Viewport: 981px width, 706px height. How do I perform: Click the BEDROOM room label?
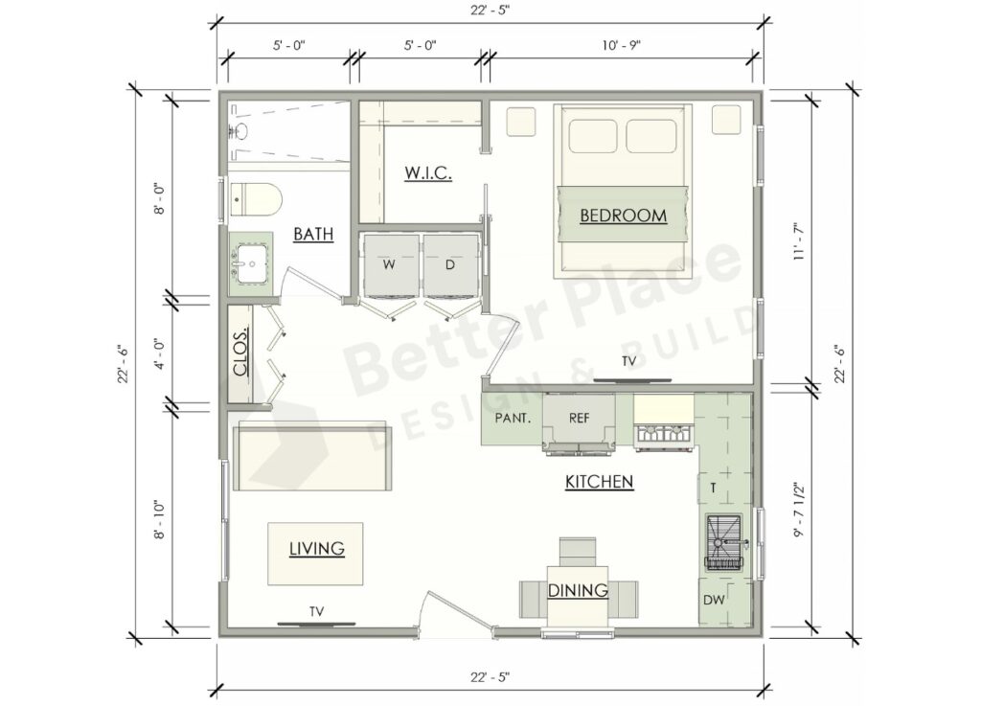coord(623,216)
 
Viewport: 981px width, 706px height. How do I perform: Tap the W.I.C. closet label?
coord(421,173)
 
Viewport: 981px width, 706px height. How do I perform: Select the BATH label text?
coord(313,234)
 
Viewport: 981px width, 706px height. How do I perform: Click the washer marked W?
coord(389,264)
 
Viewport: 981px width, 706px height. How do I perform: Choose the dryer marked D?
coord(449,264)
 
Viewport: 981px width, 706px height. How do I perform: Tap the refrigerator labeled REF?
coord(579,418)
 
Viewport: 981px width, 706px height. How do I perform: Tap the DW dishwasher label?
coord(714,600)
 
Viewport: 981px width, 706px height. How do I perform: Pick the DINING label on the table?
coord(578,591)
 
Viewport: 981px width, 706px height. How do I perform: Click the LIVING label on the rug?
coord(317,549)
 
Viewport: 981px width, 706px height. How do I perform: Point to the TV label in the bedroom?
coord(628,361)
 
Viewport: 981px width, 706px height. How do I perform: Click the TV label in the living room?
coord(316,610)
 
